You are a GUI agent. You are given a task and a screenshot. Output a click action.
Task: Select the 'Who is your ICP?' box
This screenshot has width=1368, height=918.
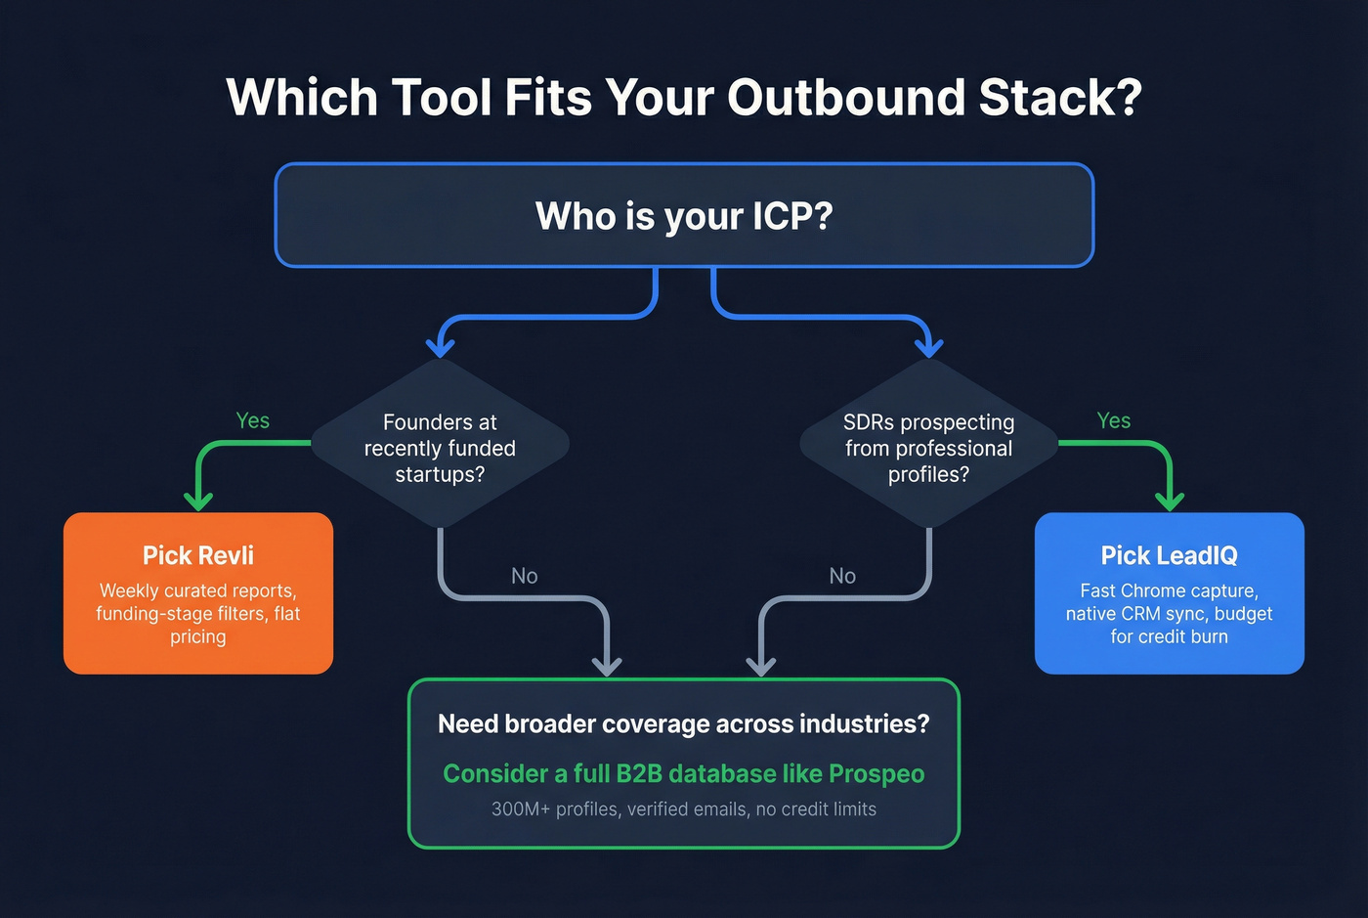pyautogui.click(x=684, y=215)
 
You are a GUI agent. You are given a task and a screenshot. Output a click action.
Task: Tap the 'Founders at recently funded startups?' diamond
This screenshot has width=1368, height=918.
pyautogui.click(x=440, y=448)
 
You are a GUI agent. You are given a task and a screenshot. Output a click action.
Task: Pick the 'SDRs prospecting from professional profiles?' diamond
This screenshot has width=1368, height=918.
pyautogui.click(x=928, y=448)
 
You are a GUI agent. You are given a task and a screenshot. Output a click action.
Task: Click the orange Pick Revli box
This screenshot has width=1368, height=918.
pyautogui.click(x=198, y=593)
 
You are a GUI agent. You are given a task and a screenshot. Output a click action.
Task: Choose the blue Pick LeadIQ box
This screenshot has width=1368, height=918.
pyautogui.click(x=1169, y=593)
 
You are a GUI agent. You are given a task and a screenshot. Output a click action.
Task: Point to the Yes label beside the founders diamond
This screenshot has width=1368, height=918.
pyautogui.click(x=253, y=420)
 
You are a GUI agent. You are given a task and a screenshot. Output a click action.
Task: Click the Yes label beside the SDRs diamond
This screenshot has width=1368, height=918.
pyautogui.click(x=1114, y=420)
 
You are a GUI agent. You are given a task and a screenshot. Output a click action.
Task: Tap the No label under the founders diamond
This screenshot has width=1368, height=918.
pyautogui.click(x=525, y=576)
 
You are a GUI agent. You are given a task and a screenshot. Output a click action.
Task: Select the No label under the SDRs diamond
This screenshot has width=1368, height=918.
pyautogui.click(x=842, y=576)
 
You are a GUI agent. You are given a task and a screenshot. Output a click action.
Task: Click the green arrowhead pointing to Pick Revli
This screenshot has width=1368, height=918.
pyautogui.click(x=198, y=501)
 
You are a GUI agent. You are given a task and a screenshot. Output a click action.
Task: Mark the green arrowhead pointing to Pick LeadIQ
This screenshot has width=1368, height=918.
pyautogui.click(x=1170, y=501)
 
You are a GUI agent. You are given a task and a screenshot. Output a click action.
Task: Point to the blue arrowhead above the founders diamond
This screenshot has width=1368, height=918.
pyautogui.click(x=441, y=346)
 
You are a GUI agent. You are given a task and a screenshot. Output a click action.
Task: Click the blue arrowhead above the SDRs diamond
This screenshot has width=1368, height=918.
pyautogui.click(x=928, y=346)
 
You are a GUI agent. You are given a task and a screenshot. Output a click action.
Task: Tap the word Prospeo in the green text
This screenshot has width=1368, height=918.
pyautogui.click(x=876, y=773)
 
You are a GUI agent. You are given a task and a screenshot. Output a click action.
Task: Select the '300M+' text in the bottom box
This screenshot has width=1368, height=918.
pyautogui.click(x=521, y=809)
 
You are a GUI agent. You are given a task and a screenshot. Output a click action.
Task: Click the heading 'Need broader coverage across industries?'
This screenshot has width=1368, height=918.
pyautogui.click(x=684, y=723)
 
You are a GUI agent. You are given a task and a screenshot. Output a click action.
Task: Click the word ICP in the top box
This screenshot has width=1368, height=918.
pyautogui.click(x=780, y=216)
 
